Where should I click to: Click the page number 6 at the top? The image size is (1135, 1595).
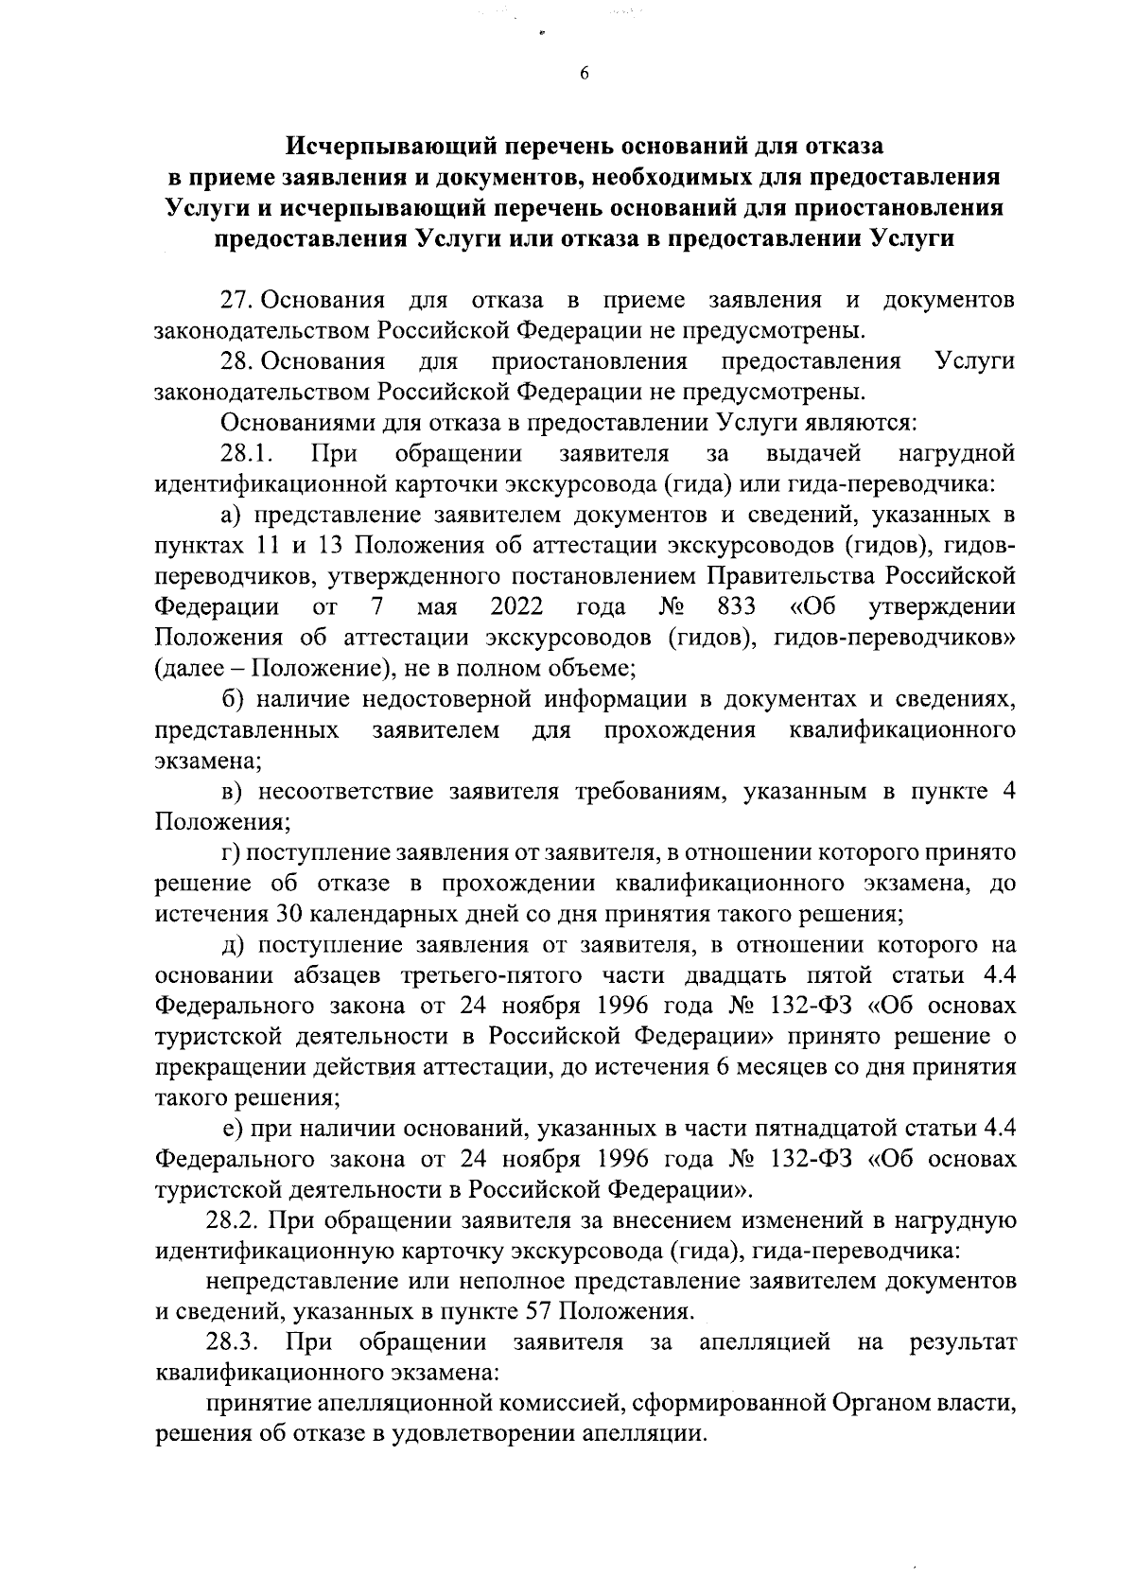584,75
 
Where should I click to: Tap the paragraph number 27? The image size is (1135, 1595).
235,301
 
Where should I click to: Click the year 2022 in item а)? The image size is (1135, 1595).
516,607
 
